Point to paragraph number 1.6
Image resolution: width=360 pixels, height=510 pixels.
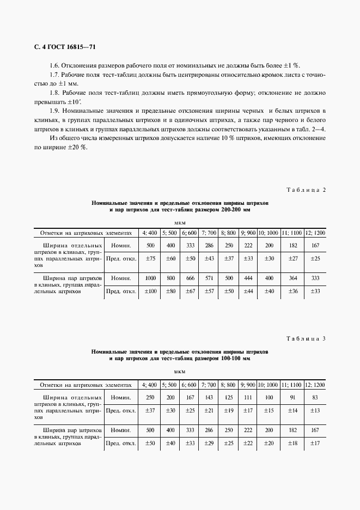click(x=56, y=65)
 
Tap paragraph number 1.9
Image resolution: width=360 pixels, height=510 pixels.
click(x=56, y=111)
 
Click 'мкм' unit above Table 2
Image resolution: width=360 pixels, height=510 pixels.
click(x=180, y=222)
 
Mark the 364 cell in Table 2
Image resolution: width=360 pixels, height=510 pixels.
click(x=292, y=278)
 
